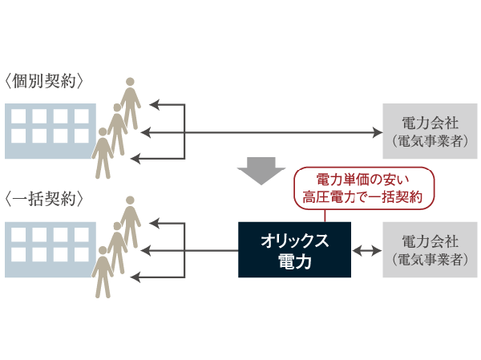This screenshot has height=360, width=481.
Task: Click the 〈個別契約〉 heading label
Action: coord(45,81)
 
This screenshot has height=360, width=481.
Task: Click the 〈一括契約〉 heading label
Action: coord(45,199)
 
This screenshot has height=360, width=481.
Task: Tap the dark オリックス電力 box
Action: coord(294,250)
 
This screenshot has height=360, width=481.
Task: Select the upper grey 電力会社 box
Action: coord(430,131)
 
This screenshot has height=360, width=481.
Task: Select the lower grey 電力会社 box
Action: coord(430,250)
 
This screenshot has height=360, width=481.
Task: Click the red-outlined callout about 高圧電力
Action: coord(363,186)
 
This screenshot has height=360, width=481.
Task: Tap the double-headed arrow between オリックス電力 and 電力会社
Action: coord(366,251)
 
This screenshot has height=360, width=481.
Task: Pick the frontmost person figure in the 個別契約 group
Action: coord(102,152)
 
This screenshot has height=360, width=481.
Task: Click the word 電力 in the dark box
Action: coord(294,261)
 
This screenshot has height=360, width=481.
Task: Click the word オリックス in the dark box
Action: coord(294,241)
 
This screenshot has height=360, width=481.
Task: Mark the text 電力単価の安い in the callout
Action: coord(362,177)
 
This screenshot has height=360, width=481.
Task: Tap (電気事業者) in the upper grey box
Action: coord(430,141)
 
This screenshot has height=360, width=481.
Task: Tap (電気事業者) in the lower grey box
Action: coord(430,260)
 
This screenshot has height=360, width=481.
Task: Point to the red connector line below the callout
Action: coord(325,214)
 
